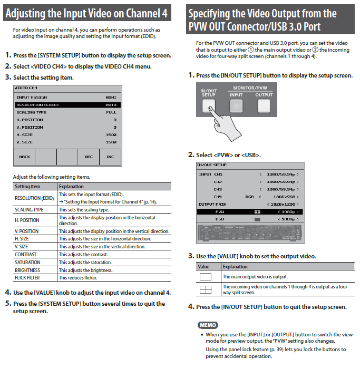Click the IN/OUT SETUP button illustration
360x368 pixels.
[209, 106]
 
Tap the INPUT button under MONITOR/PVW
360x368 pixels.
[237, 106]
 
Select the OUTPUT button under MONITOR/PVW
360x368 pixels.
[264, 106]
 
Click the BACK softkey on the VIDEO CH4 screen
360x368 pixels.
[24, 157]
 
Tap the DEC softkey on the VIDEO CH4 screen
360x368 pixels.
[89, 157]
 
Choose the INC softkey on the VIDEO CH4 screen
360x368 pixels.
[110, 157]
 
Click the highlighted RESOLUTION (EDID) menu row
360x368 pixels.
[67, 105]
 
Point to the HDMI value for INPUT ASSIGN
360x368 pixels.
[111, 98]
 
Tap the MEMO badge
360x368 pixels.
[208, 325]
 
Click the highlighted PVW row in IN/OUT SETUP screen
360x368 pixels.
[249, 211]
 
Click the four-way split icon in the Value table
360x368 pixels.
[206, 289]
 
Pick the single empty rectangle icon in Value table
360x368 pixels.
[206, 276]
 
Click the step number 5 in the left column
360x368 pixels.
[8, 304]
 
